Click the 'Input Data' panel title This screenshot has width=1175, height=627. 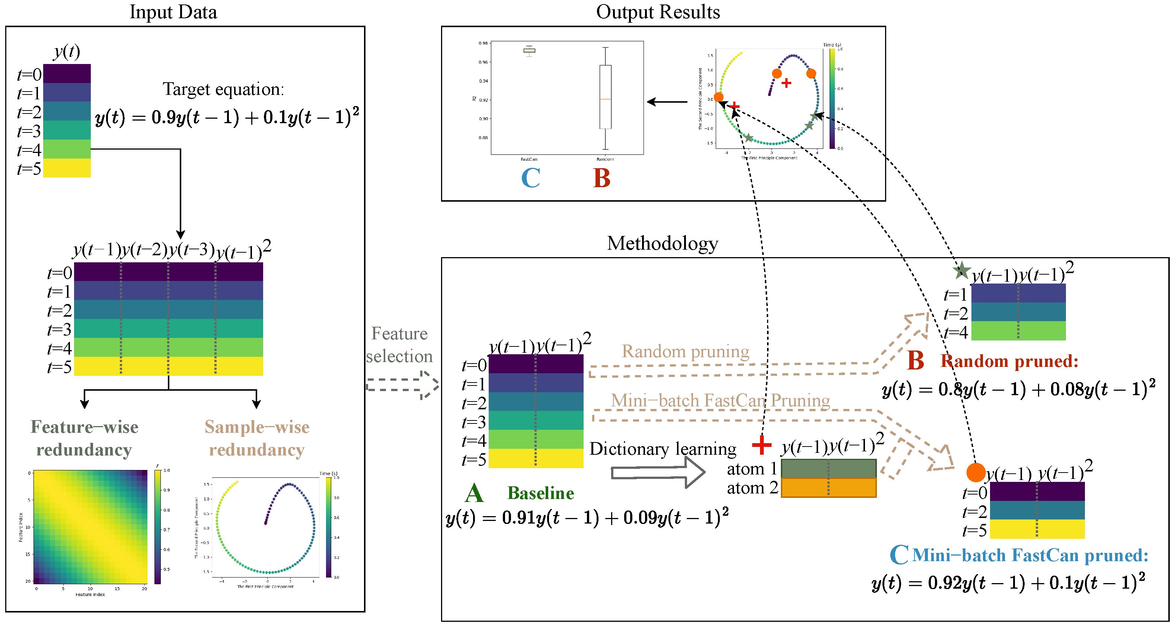(173, 12)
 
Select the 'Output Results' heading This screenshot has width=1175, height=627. (658, 12)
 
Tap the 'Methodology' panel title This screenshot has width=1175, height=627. (662, 243)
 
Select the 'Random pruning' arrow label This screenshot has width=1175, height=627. (685, 352)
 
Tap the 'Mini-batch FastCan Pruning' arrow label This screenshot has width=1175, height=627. (720, 400)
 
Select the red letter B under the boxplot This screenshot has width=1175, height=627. (601, 178)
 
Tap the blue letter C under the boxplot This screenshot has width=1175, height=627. (530, 178)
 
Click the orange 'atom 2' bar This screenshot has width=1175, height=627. (828, 487)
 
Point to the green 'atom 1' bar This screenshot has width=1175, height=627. (828, 468)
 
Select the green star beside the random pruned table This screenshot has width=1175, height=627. (961, 271)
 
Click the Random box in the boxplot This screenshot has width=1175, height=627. (605, 97)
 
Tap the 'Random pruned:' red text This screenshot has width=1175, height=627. (1009, 361)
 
